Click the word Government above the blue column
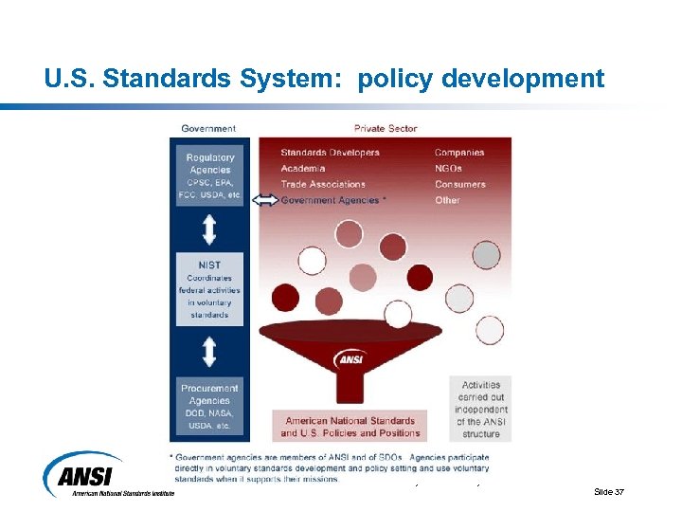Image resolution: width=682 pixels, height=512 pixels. tap(208, 128)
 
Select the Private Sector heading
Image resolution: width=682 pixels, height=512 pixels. tap(386, 128)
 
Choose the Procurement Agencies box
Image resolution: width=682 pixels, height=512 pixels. tap(209, 406)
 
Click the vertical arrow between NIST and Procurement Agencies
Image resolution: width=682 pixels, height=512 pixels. tap(209, 352)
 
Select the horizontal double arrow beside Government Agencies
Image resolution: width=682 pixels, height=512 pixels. tap(266, 200)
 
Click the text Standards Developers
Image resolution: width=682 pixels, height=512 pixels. tap(330, 153)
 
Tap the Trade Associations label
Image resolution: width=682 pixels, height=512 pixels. tap(322, 184)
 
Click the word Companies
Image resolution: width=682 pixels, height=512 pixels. tap(459, 153)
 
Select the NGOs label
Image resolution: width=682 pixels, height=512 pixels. tap(449, 169)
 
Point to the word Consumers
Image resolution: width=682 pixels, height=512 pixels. tap(460, 184)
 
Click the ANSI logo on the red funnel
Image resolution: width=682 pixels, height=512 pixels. tap(350, 359)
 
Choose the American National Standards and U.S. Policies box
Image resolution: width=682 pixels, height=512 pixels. tap(350, 427)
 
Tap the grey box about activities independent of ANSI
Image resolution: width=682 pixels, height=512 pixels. tap(481, 409)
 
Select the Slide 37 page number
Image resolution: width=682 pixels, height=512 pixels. tap(608, 491)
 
